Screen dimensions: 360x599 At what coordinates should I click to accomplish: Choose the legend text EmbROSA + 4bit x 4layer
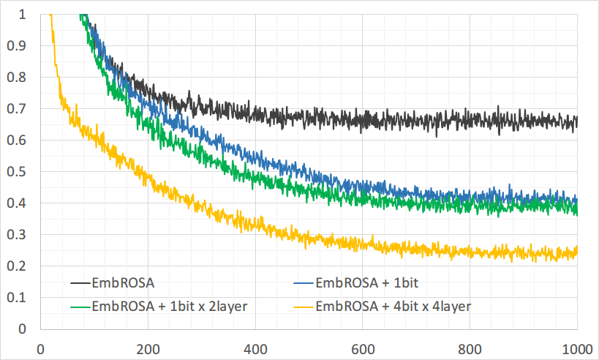click(x=393, y=306)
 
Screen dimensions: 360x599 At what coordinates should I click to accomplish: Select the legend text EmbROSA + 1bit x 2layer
click(x=170, y=306)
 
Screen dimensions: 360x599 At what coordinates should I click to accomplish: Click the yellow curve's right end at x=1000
click(x=577, y=252)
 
